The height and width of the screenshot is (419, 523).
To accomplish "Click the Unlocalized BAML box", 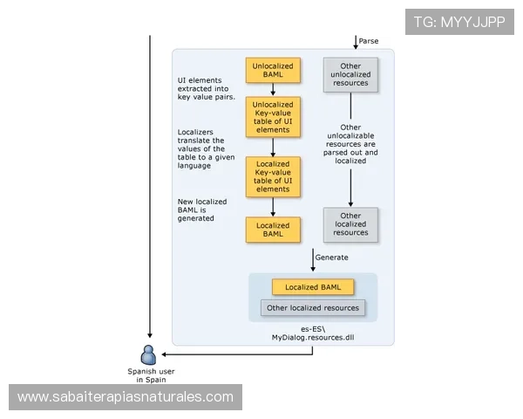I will point(273,71).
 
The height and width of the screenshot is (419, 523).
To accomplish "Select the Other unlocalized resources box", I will point(350,75).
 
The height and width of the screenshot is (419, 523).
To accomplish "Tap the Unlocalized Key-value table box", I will point(273,116).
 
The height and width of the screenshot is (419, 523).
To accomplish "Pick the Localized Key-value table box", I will point(273,176).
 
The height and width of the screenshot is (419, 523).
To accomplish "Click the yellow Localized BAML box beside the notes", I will point(273,230).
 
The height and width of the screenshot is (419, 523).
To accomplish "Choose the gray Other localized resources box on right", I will point(350,225).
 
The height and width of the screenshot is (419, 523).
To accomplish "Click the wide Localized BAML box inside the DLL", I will point(313,287).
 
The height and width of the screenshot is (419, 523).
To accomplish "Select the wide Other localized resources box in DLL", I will point(313,307).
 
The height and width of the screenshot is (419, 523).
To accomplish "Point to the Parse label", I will point(369,41).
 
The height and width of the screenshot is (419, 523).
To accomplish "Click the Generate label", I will point(331,258).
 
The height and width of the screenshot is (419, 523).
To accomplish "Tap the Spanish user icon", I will point(148,354).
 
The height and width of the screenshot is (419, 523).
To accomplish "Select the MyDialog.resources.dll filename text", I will point(313,336).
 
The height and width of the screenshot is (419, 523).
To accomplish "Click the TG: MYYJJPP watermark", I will point(460,21).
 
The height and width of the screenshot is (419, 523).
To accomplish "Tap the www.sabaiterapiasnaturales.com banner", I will point(126,397).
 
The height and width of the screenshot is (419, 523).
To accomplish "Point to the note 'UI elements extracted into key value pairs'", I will point(200,88).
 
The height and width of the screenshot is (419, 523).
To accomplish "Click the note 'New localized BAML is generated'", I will point(201,209).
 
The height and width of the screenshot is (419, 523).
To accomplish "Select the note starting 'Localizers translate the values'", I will point(201,148).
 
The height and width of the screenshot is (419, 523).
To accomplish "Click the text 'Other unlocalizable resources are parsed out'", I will point(350,144).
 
